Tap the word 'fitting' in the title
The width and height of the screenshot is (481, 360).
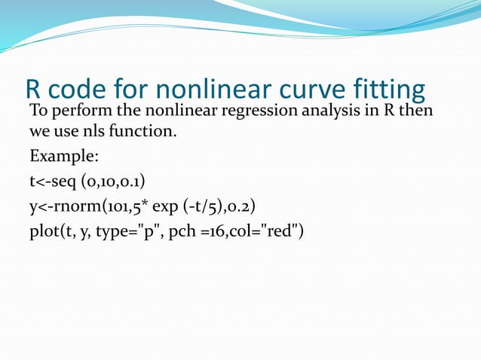(x=388, y=90)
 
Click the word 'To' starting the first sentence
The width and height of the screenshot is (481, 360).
(x=38, y=112)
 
